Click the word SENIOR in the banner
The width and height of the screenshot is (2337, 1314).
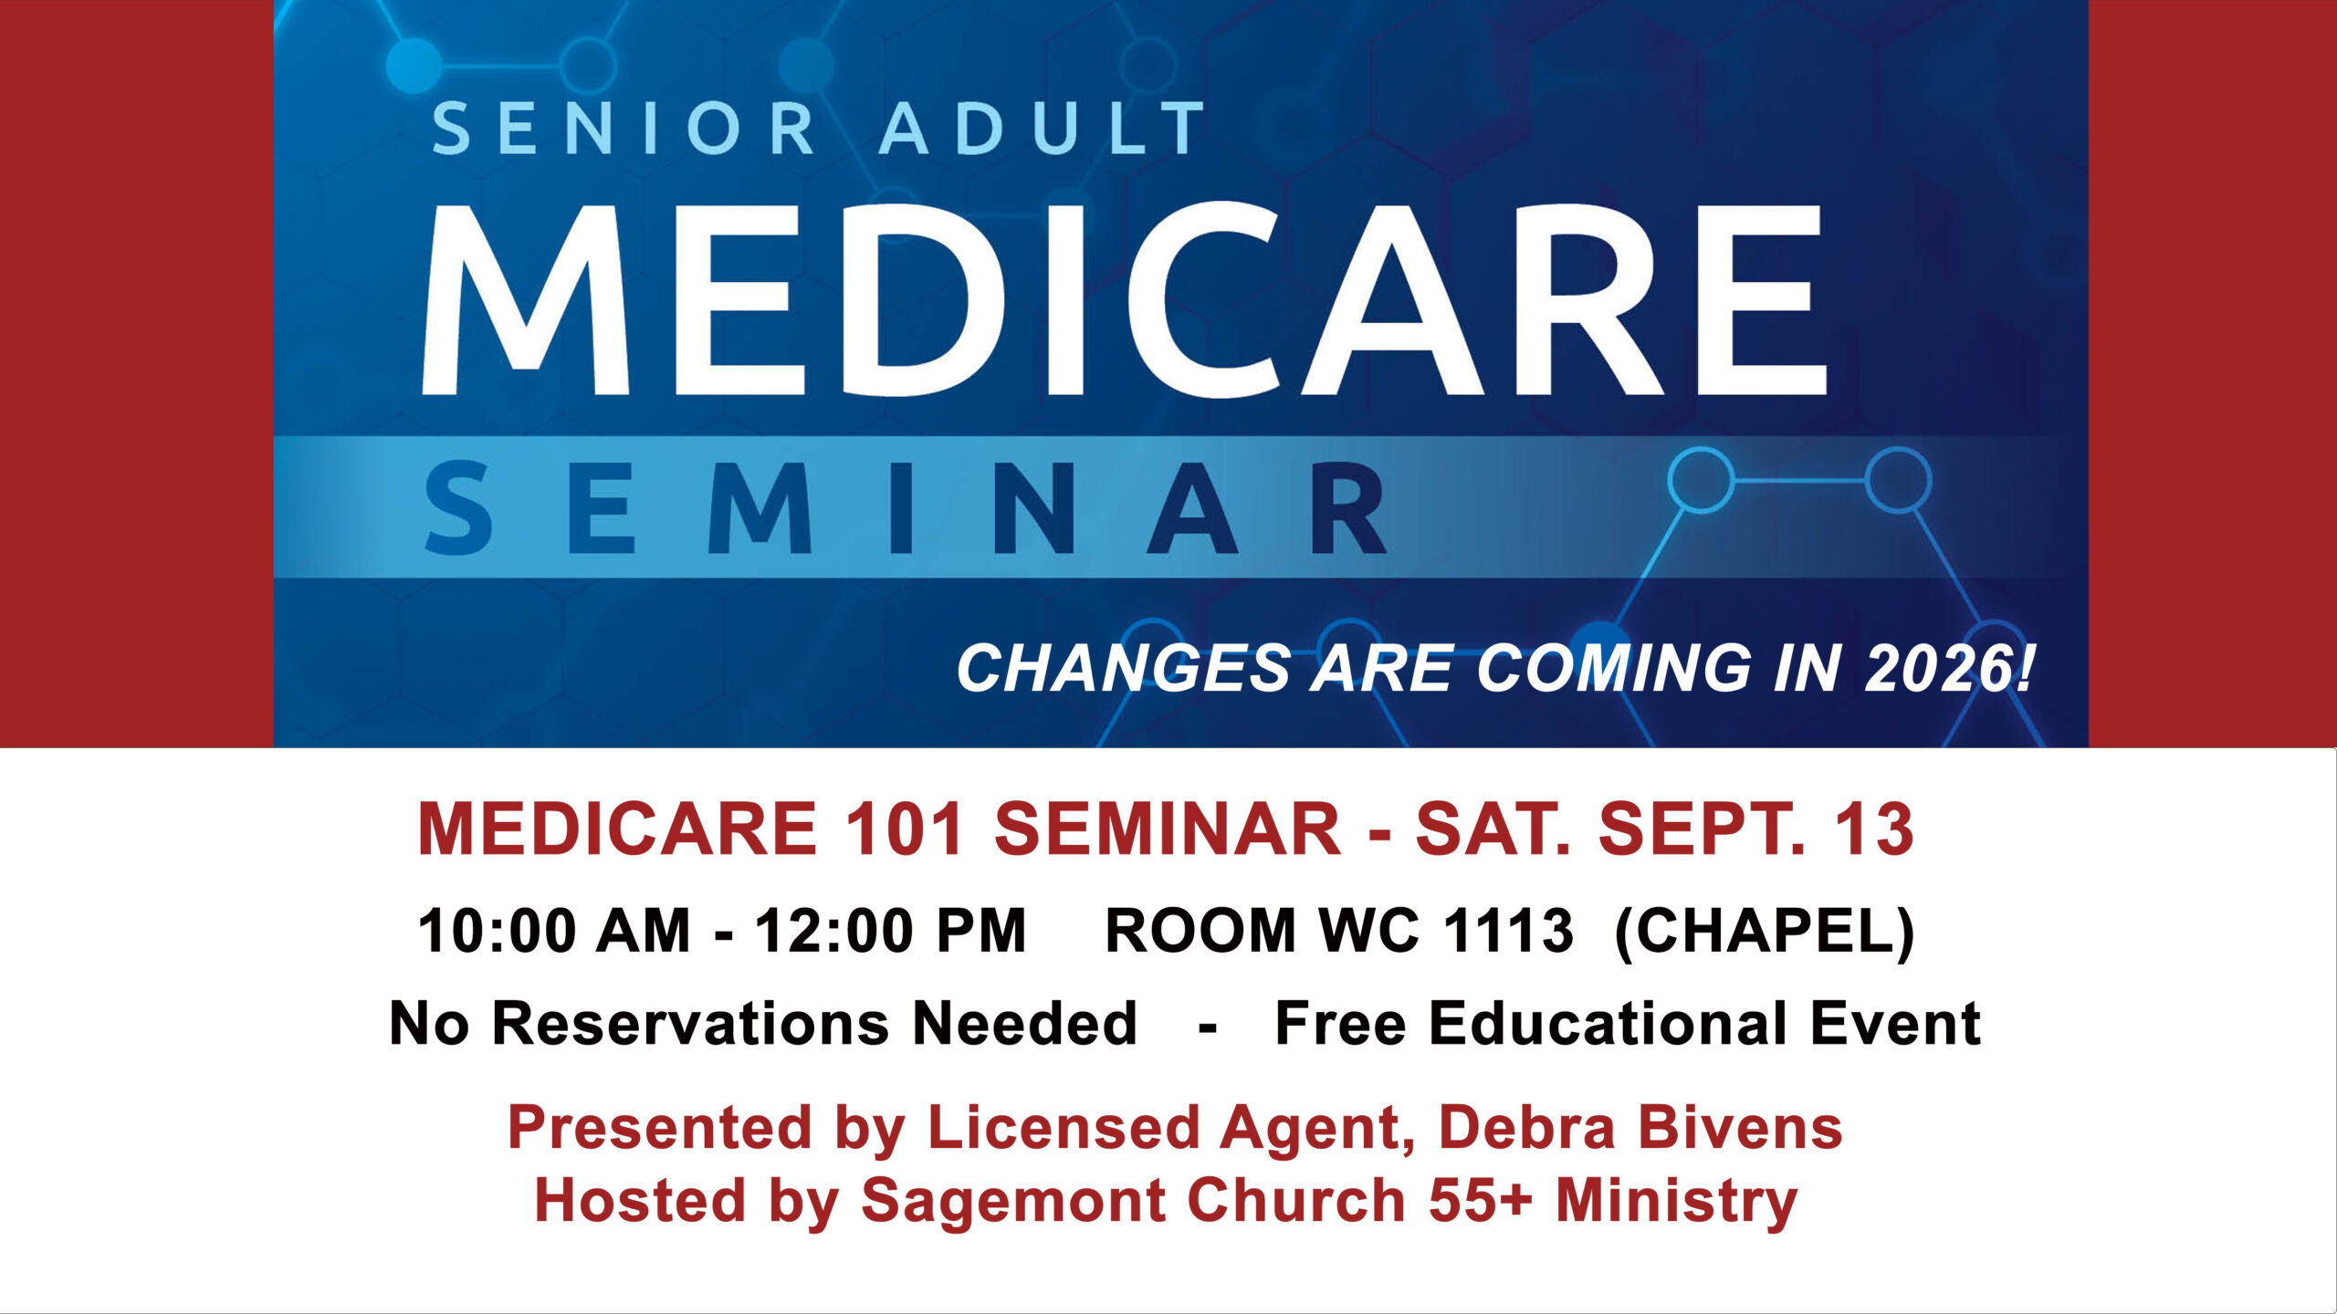(623, 128)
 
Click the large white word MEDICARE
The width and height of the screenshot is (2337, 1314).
(1124, 300)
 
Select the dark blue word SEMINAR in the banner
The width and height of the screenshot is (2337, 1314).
(906, 508)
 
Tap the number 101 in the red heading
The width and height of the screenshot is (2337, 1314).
(905, 829)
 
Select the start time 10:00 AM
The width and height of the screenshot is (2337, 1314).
(553, 931)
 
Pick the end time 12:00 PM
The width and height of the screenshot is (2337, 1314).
(890, 931)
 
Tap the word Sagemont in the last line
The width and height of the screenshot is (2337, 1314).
(1012, 1201)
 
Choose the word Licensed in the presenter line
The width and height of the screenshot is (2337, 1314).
(1063, 1128)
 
